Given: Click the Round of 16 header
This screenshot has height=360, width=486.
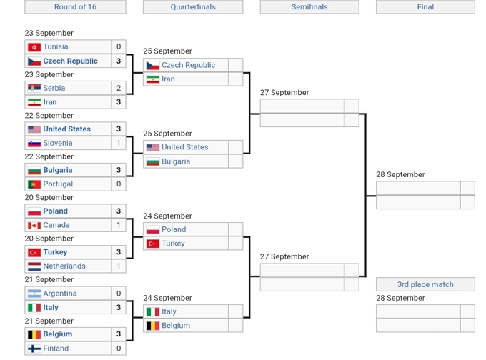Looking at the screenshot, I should [x=75, y=7].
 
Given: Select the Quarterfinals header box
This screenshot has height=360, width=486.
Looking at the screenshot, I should [x=192, y=7].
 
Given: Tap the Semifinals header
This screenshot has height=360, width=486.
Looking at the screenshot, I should [x=309, y=7].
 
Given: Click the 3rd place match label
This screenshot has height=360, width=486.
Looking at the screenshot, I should [x=425, y=284].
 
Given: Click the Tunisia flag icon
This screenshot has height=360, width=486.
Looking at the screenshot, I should [x=34, y=47].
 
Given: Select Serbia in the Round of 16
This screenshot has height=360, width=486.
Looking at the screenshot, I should [x=54, y=89].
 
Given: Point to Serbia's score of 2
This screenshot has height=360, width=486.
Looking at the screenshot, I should [x=119, y=89].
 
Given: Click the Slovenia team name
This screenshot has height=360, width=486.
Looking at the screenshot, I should [x=57, y=143].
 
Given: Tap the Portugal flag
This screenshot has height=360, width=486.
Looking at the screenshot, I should [x=34, y=184].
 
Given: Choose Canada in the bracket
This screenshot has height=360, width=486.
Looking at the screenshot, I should [x=56, y=225].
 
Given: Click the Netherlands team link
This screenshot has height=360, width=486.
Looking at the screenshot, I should [x=64, y=266].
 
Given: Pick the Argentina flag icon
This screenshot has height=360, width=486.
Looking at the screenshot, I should [x=34, y=294].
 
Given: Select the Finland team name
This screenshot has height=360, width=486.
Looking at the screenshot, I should [x=56, y=349].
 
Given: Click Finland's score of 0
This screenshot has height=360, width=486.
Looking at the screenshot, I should [x=119, y=349].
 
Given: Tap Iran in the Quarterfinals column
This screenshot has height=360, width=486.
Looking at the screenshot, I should [x=168, y=79].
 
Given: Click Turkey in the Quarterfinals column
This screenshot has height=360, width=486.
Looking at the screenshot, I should [x=173, y=244].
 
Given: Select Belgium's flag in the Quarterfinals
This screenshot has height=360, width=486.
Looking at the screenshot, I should [x=152, y=326].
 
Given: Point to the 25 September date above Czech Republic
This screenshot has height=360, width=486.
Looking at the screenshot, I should [x=167, y=51].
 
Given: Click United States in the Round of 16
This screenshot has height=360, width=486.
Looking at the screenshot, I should [x=66, y=129].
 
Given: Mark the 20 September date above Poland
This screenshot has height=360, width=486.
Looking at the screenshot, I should [x=49, y=198].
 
